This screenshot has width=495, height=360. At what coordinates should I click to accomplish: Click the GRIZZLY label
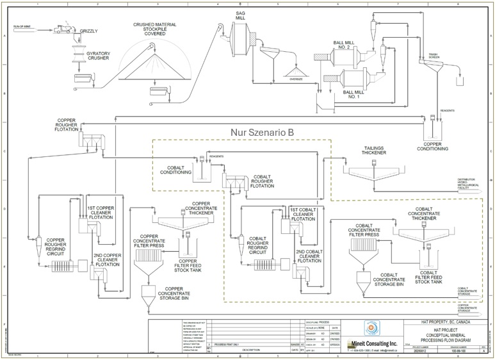click(x=90, y=31)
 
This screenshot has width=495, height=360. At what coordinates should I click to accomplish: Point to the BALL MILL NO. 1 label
click(x=354, y=94)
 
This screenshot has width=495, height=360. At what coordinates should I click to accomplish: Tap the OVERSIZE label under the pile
click(x=296, y=79)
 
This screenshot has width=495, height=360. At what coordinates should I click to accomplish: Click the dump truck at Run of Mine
click(x=63, y=28)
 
